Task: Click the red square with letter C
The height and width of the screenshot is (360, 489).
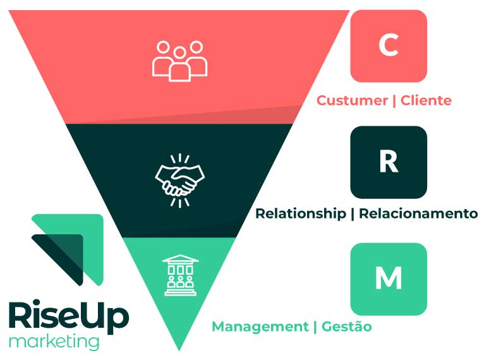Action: [x=388, y=45]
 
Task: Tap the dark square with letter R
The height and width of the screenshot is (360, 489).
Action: [x=388, y=162]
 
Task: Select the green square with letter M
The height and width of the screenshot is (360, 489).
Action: [x=388, y=279]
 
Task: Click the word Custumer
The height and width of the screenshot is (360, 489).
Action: [x=352, y=100]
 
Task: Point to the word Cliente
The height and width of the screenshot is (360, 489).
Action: [x=426, y=100]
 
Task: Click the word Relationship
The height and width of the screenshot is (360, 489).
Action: [x=301, y=213]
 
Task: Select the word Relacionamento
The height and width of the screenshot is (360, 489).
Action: [x=418, y=213]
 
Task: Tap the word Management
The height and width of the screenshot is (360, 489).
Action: [x=259, y=327]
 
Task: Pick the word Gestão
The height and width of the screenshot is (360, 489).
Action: [x=346, y=327]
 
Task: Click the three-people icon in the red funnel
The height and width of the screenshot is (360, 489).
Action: [x=180, y=61]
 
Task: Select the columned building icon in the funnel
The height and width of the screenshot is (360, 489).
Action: [x=180, y=275]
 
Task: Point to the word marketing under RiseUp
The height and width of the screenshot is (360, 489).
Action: [x=54, y=342]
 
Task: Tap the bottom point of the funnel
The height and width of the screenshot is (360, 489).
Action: [x=179, y=348]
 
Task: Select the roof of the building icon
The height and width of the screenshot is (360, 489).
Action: [x=180, y=259]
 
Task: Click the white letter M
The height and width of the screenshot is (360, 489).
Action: [x=388, y=279]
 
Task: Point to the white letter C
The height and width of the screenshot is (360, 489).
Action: [x=388, y=45]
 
